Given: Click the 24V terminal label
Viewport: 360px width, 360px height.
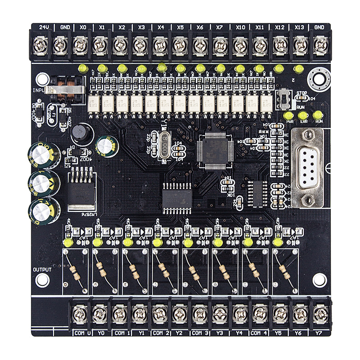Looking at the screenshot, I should click(44, 27).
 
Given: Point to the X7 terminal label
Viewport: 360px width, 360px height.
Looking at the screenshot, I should click(220, 27).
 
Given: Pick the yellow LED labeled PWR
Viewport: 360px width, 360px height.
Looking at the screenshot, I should click(288, 115).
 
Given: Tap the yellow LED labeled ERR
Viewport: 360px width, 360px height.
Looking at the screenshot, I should click(304, 115).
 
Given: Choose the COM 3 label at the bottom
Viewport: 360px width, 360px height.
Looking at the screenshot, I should click(200, 333).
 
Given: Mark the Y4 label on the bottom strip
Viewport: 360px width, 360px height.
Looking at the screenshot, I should click(238, 333).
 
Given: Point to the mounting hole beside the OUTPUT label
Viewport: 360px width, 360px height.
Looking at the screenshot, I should click(42, 280).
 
